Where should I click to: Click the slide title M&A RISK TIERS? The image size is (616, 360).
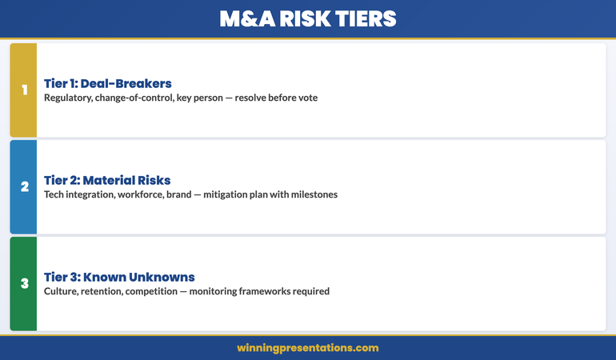click(308, 18)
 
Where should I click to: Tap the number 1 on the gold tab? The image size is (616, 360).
click(24, 90)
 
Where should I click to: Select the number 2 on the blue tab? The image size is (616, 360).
click(24, 186)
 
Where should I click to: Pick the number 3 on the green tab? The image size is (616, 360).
click(24, 283)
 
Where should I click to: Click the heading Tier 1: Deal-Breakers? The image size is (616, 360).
click(108, 83)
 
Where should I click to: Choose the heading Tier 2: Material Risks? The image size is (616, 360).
click(107, 180)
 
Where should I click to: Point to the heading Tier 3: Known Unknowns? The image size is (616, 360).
click(119, 277)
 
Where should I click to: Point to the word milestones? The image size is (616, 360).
click(311, 194)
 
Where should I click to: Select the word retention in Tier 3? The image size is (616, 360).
click(108, 291)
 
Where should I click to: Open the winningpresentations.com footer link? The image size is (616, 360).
click(308, 348)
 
